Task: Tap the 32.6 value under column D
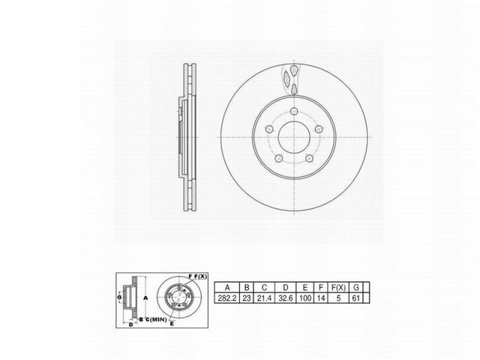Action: [285, 298]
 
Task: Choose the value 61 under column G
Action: [365, 298]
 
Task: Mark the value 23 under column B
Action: [246, 298]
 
